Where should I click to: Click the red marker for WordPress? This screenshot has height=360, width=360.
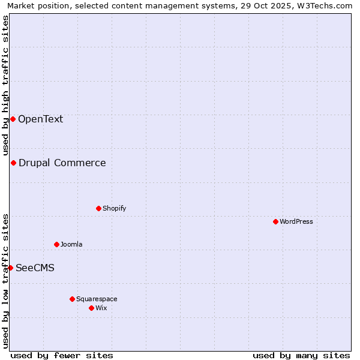[x=275, y=221]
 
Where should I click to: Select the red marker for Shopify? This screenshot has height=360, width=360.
[x=98, y=208]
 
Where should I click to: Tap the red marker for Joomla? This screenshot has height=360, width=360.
[x=56, y=244]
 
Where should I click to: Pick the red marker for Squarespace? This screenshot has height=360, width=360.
[x=72, y=299]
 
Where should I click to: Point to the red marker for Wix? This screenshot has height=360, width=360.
[x=91, y=308]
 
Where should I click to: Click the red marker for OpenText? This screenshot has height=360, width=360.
[x=13, y=119]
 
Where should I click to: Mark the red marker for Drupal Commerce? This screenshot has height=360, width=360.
[x=13, y=163]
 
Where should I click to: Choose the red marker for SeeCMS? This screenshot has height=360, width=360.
[x=10, y=268]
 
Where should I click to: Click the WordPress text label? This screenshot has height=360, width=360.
[x=296, y=221]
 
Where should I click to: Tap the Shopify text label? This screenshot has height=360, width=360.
[x=114, y=208]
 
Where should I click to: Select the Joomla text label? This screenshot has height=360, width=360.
[x=71, y=244]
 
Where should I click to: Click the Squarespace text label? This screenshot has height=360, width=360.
[x=97, y=299]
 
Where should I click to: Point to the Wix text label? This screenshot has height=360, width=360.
[x=101, y=308]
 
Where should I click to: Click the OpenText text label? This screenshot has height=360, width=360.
[x=40, y=119]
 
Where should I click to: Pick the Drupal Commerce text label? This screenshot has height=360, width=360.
[x=62, y=163]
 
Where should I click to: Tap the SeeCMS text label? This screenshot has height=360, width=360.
[x=35, y=268]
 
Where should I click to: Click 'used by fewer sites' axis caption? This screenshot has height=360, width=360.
[x=62, y=355]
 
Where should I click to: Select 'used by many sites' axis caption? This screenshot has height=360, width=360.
[x=301, y=355]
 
